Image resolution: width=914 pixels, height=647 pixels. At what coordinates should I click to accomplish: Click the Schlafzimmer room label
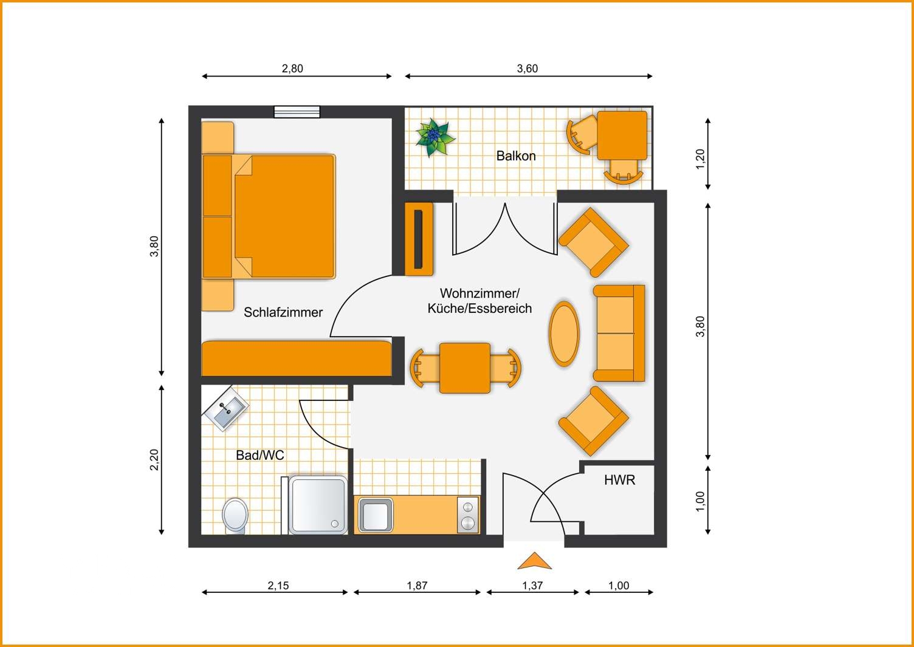tap(283, 312)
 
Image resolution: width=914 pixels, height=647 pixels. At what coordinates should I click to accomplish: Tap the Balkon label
tap(516, 156)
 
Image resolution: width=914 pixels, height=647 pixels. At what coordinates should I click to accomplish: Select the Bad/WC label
tap(260, 455)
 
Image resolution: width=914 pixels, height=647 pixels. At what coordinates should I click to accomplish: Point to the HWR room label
tap(619, 480)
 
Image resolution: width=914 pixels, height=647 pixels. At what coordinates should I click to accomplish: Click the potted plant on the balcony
tap(435, 137)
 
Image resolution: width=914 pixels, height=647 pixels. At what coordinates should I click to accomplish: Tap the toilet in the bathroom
tap(235, 515)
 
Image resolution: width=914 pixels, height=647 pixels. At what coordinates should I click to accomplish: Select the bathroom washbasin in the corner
tap(225, 408)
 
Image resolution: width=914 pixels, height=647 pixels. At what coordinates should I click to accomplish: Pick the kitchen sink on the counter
tap(376, 515)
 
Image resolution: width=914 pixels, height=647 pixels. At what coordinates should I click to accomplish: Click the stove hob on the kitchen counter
tap(467, 515)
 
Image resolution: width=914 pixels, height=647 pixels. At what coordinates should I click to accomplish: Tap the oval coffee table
tap(564, 334)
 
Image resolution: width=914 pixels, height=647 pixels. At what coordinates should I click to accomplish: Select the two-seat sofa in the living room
tap(619, 334)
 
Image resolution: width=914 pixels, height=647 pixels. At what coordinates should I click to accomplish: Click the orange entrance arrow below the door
tap(535, 561)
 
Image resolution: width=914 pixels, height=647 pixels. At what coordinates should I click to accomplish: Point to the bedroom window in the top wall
tap(297, 112)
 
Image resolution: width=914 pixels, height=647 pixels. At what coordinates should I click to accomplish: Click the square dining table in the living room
tap(465, 368)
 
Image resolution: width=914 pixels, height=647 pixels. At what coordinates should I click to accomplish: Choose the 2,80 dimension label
tap(292, 69)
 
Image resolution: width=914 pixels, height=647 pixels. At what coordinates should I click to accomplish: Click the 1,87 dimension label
tap(417, 586)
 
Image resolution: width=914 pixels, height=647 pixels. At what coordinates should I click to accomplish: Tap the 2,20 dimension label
tap(154, 460)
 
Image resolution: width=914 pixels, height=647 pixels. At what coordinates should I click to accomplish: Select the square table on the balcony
tap(622, 135)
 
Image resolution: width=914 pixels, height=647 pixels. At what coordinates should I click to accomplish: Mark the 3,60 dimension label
tap(527, 69)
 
